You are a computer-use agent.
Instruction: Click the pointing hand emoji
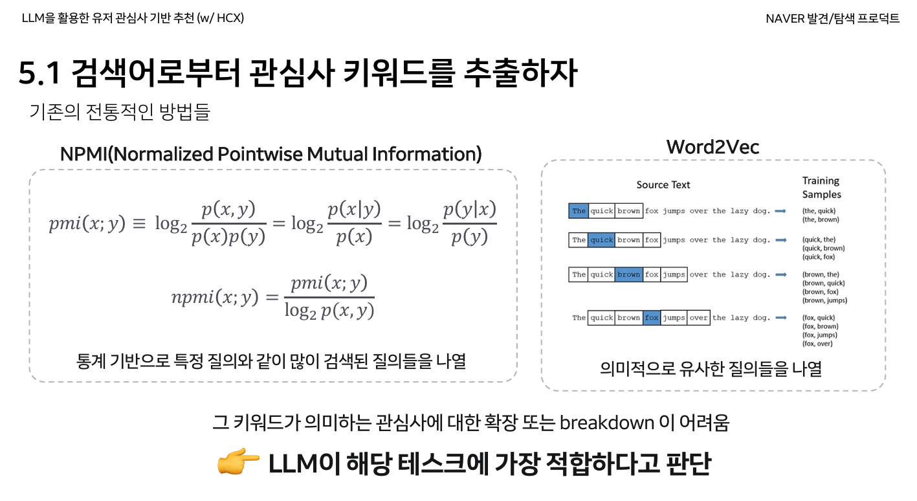[x=238, y=463]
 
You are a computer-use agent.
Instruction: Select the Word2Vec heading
[x=713, y=147]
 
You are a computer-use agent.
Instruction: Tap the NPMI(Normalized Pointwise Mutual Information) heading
[x=271, y=154]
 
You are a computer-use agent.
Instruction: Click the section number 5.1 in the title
[x=39, y=74]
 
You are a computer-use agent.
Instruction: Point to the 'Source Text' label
[x=663, y=185]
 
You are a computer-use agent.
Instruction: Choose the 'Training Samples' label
[x=821, y=188]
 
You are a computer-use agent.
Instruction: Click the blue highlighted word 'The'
[x=579, y=211]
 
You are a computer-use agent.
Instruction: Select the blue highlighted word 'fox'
[x=652, y=318]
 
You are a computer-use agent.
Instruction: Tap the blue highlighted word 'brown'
[x=628, y=274]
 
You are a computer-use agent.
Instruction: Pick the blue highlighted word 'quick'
[x=601, y=240]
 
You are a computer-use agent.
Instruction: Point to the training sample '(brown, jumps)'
[x=824, y=300]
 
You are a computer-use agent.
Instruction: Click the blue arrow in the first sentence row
[x=781, y=211]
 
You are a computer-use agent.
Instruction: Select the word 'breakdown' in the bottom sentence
[x=607, y=423]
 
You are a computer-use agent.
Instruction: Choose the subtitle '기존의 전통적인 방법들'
[x=120, y=112]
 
